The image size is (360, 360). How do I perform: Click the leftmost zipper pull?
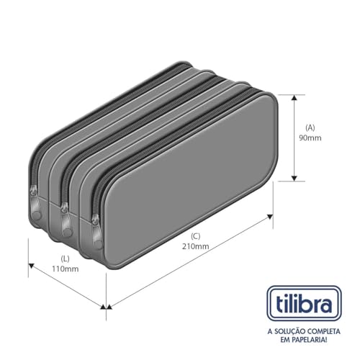click(x=34, y=194)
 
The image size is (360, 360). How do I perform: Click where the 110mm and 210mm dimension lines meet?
click(x=106, y=307)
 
